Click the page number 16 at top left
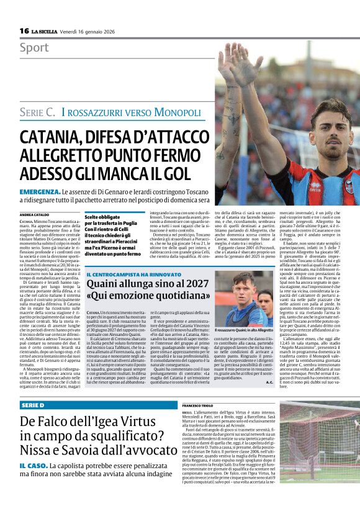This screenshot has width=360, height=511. point(24,30)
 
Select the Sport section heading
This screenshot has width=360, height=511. point(34,48)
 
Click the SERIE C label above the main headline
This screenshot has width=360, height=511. point(38,112)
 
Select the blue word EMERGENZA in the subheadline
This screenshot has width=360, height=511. point(40,191)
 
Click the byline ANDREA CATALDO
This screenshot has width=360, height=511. point(35,215)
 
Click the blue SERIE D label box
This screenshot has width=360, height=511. point(34,404)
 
